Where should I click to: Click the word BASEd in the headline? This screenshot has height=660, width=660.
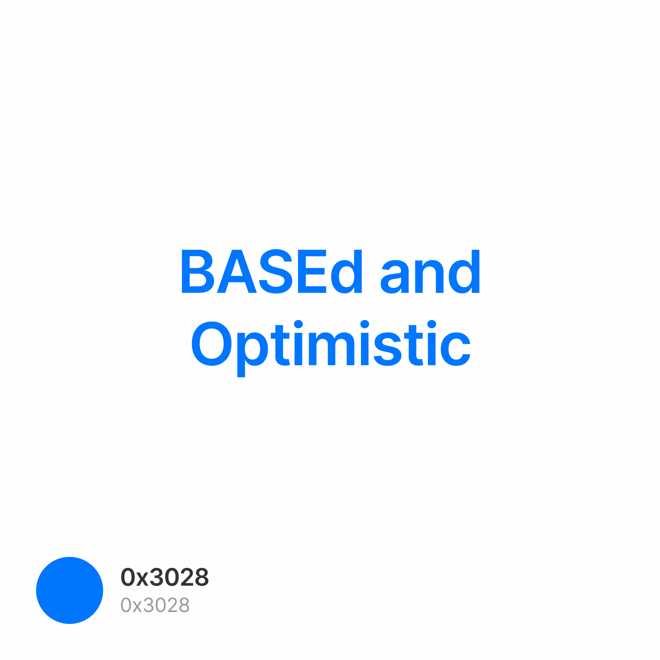click(x=272, y=271)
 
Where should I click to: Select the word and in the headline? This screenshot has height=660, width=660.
click(x=430, y=271)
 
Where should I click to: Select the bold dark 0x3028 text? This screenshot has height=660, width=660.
click(x=165, y=577)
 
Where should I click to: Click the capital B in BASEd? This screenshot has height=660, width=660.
click(x=198, y=271)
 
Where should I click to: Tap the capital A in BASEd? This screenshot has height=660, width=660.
click(x=237, y=271)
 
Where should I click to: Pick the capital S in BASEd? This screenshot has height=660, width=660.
click(x=275, y=271)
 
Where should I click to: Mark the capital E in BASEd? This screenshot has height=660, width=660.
click(x=312, y=271)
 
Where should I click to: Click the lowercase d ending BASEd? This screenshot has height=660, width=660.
click(x=346, y=271)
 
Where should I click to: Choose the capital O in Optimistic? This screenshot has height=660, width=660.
click(x=211, y=344)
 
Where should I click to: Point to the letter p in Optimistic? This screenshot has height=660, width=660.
click(x=252, y=354)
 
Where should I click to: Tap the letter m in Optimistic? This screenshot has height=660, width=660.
click(x=331, y=348)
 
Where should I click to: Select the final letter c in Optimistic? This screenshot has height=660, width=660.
click(x=455, y=349)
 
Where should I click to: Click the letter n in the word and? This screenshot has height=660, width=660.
click(x=429, y=277)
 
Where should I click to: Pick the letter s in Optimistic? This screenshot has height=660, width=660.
click(x=387, y=349)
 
